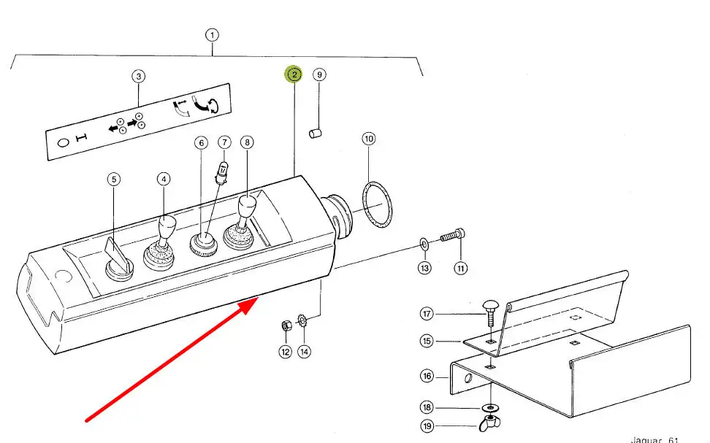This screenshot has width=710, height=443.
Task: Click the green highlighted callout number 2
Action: point(294,74)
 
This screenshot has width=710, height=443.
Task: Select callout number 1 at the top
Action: point(212,34)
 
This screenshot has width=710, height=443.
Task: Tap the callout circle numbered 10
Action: point(369,139)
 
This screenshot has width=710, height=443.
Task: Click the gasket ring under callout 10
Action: point(377,204)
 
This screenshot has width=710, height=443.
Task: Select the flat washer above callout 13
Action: point(424,242)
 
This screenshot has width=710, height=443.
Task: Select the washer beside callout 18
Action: point(489,406)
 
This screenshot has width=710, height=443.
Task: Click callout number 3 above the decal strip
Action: point(138,76)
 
